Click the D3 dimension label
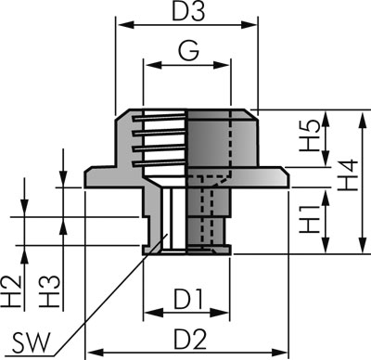point(188,11)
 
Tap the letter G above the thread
point(188,50)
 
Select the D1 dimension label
point(188,299)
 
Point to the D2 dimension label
point(190,339)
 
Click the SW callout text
point(31,343)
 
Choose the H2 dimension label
point(12,291)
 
